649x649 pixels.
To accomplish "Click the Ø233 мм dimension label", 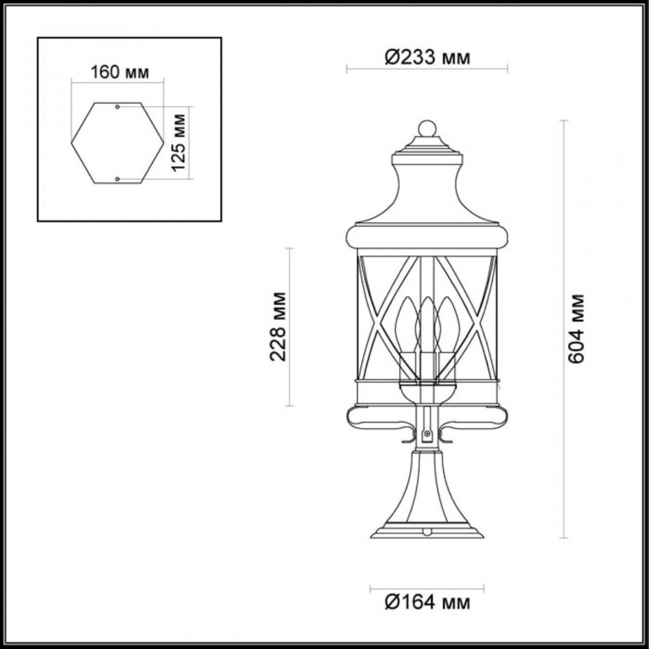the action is tap(427, 57).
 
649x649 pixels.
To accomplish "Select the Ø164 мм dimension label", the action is tap(427, 602).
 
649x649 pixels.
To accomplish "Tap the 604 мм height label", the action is tap(576, 329).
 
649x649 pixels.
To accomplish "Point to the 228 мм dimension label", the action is tap(278, 326).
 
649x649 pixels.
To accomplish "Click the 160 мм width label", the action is tap(119, 73).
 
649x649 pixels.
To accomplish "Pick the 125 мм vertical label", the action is tap(178, 142).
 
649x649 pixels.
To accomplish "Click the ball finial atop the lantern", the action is tap(427, 129).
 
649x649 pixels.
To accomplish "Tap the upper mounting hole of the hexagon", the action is tap(117, 107).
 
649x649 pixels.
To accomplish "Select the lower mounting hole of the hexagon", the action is tap(117, 179).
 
